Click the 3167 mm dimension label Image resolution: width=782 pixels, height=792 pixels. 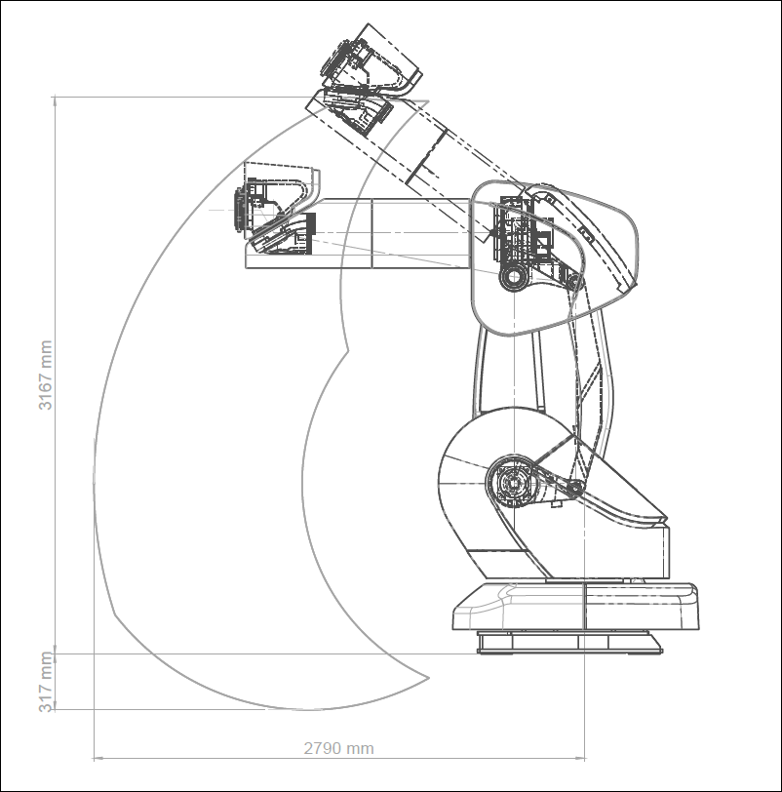46,376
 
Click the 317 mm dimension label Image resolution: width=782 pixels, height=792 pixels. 46,682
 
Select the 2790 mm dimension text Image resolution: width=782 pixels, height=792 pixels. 338,748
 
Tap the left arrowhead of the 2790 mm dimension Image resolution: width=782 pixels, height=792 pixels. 98,758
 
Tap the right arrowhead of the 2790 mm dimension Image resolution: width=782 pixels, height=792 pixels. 580,758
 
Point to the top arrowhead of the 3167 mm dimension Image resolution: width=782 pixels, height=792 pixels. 55,100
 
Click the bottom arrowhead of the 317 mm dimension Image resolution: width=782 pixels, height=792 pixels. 55,704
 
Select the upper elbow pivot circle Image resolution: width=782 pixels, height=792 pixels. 514,276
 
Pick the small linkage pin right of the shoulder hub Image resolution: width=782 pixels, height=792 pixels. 575,489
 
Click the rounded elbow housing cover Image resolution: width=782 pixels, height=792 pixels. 554,257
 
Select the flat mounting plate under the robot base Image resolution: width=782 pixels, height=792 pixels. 569,642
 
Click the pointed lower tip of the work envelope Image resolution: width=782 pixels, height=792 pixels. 429,677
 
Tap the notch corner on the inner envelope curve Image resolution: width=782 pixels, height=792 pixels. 348,349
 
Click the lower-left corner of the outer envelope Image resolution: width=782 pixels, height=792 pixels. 115,614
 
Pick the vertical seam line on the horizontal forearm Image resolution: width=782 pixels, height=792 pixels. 371,233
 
